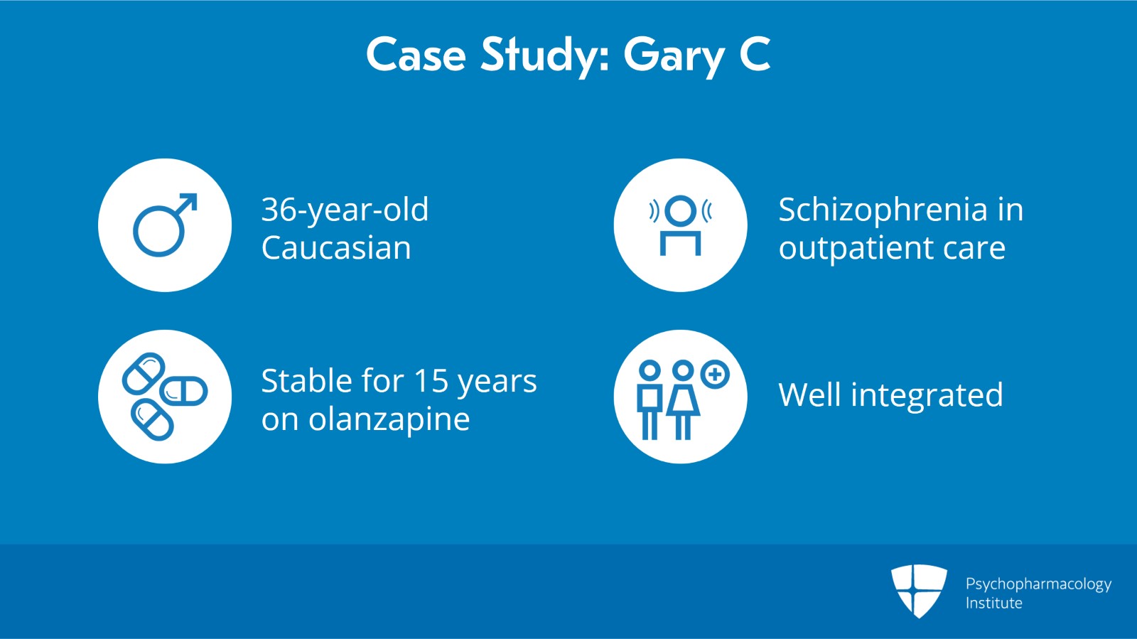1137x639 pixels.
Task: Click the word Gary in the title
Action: [674, 55]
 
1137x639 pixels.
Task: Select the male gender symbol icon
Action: [165, 225]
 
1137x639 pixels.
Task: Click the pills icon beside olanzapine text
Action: [165, 396]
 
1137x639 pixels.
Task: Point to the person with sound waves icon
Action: [680, 225]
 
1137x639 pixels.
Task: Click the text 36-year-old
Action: [345, 210]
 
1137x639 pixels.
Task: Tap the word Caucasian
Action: [336, 248]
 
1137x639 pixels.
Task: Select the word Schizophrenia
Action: [883, 210]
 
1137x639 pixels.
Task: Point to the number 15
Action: [431, 381]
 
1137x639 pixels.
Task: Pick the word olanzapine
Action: [389, 419]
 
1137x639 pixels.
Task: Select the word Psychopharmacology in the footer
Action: [1038, 584]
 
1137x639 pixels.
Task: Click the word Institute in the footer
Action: [993, 603]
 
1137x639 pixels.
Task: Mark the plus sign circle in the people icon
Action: [715, 375]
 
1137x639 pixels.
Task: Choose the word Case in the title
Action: [416, 55]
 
